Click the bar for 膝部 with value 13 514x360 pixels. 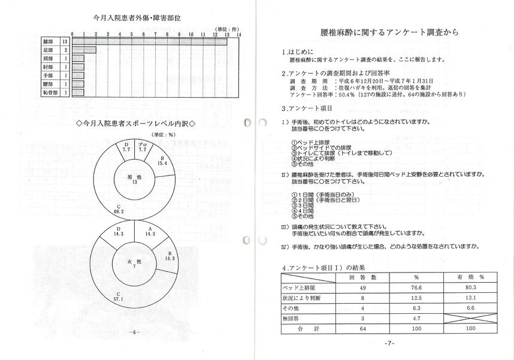[150, 41]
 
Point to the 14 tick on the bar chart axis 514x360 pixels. [238, 34]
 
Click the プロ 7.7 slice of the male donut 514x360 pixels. [143, 149]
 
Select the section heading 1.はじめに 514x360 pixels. [298, 52]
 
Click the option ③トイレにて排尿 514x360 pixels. [338, 152]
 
